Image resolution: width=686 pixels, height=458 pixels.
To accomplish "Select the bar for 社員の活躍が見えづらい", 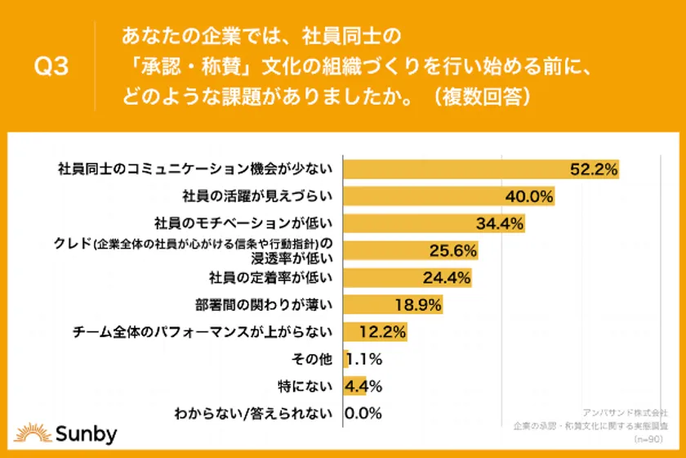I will tap(449, 196).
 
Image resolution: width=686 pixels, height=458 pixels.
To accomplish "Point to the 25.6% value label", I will tap(452, 250).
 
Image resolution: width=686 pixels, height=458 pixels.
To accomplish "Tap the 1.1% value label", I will tap(365, 358).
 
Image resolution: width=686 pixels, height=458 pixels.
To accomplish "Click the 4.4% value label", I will tap(365, 385).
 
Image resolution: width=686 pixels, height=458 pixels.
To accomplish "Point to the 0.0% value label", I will tap(364, 413).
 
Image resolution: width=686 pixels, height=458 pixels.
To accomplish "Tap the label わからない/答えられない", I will tap(255, 413).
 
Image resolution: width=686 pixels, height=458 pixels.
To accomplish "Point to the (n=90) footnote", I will tap(653, 438).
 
